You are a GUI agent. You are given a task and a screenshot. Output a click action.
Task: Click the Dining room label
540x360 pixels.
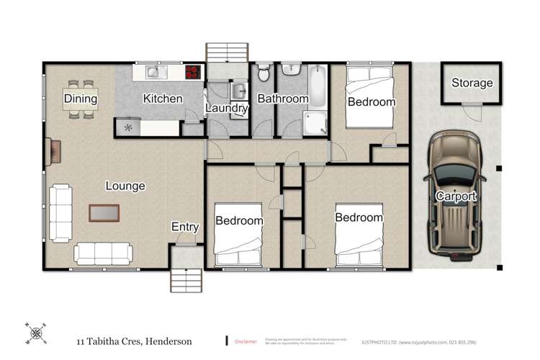pos(80,99)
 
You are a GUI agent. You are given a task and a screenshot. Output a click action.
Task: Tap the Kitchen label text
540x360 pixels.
pos(163,99)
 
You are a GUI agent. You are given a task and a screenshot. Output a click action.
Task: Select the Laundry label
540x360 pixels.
pos(227,109)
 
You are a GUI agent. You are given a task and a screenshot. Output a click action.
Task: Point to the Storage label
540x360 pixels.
pos(472,83)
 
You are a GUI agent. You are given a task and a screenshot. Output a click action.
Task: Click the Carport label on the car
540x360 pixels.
pos(456,197)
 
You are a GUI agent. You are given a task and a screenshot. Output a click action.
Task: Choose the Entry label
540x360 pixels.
pos(185,227)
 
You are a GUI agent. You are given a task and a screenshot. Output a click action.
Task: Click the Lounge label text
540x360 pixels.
pos(125,186)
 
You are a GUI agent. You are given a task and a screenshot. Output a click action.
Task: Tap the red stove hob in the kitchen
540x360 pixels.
pos(193,71)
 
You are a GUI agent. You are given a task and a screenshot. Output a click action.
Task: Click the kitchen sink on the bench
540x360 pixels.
pos(156,71)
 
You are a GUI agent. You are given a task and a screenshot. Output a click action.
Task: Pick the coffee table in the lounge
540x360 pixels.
pos(104,212)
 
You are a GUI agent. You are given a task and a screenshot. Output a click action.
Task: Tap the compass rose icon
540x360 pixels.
pos(36,333)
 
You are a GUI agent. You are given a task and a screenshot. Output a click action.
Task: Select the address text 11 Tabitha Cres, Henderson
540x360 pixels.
pos(135,341)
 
